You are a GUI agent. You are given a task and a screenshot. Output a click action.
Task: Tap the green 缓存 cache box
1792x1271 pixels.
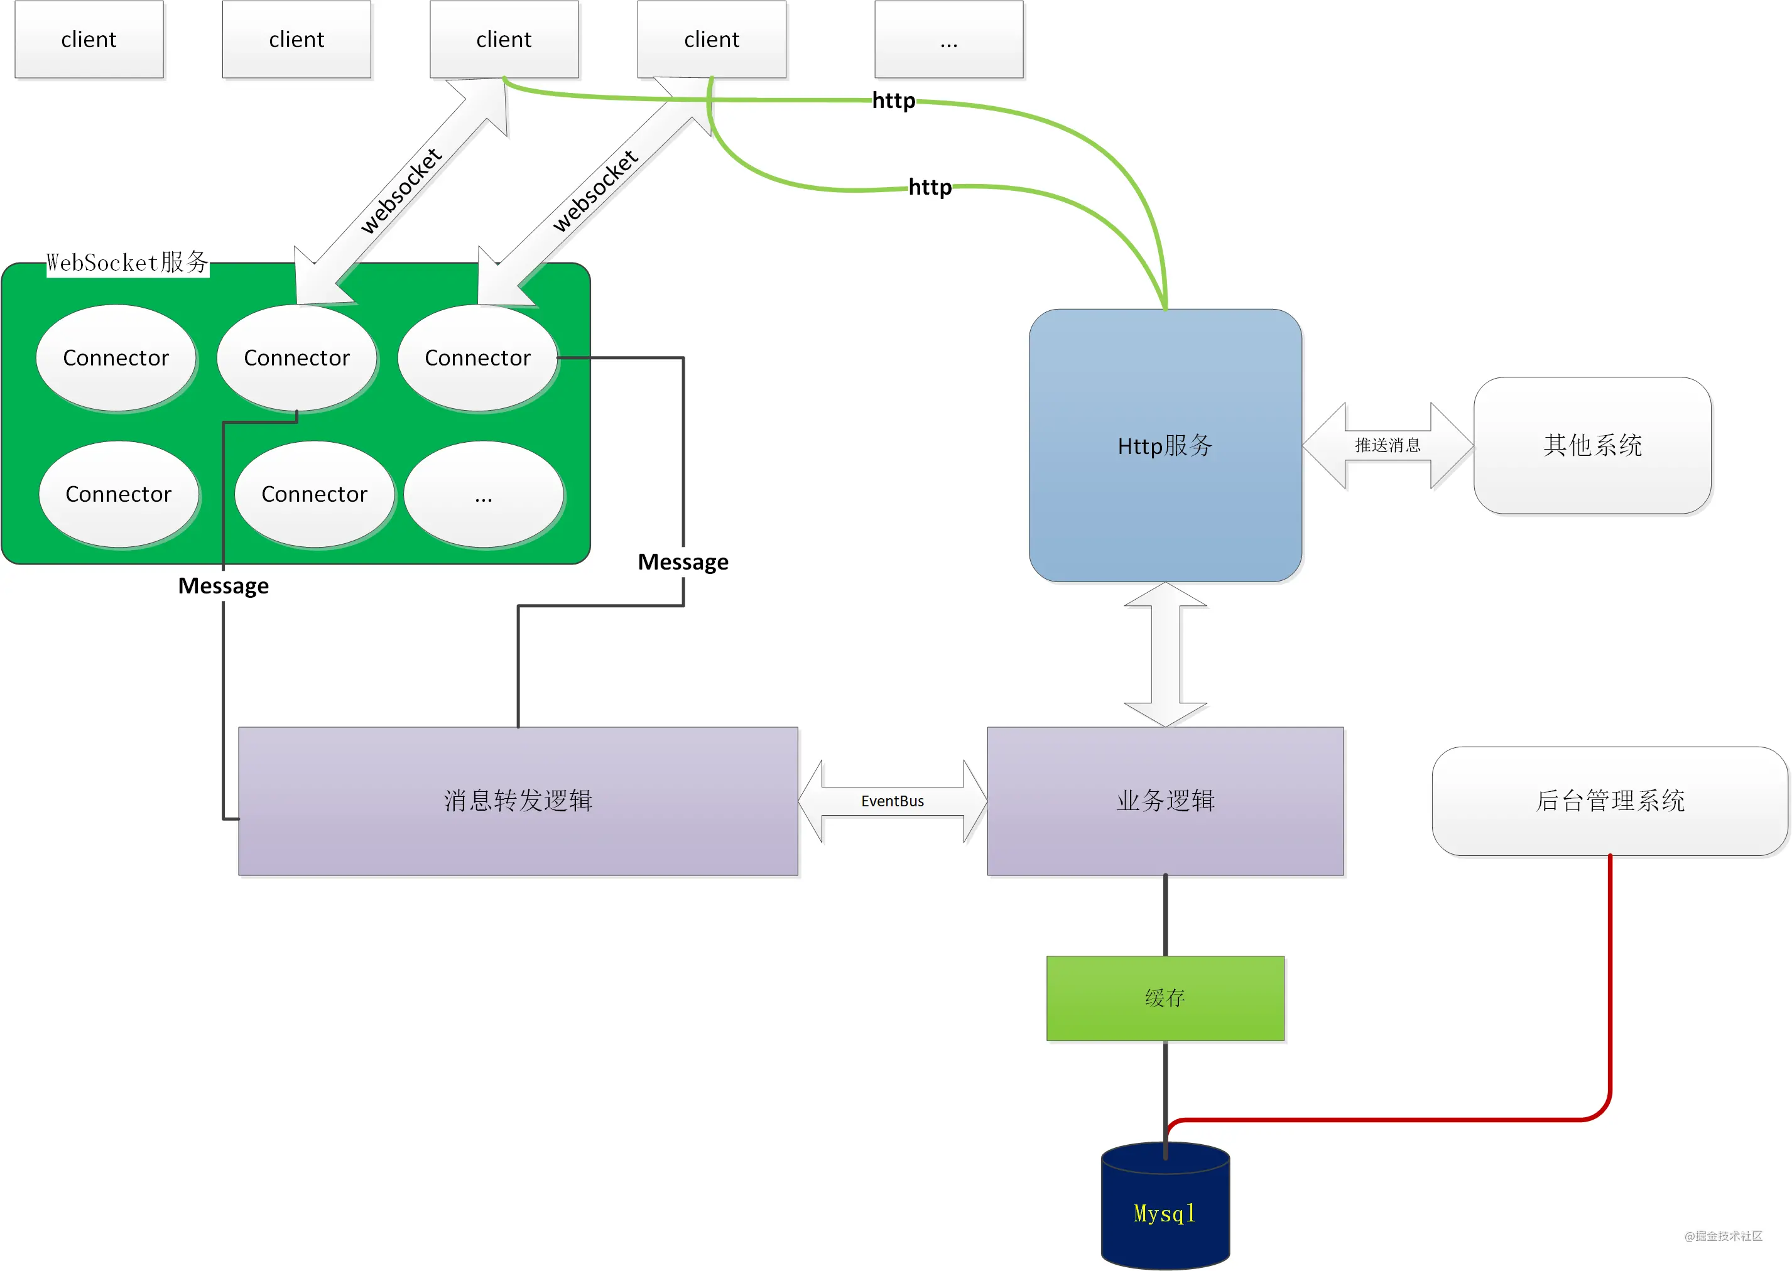[1165, 998]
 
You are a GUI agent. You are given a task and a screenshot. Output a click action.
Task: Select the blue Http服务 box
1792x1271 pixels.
[1165, 445]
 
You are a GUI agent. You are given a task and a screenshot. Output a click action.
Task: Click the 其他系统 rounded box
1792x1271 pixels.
[1592, 445]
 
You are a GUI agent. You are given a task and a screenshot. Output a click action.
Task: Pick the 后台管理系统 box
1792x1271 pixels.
[1610, 801]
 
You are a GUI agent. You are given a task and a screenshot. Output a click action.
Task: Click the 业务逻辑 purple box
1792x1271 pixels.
[1165, 801]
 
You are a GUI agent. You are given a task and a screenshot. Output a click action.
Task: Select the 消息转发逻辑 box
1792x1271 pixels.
[518, 801]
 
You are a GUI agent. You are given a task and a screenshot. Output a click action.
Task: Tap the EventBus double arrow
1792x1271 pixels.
[893, 801]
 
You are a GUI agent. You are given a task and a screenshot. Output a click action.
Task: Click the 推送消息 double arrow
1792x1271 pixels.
[1387, 445]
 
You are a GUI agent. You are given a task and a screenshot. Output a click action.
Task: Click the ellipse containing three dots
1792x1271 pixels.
[484, 495]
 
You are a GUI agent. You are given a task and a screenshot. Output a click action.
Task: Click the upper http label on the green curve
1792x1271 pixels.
[893, 100]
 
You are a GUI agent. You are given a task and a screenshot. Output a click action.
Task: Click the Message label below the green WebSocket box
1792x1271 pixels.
[223, 585]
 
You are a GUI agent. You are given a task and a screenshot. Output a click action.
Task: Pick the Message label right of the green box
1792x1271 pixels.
[683, 562]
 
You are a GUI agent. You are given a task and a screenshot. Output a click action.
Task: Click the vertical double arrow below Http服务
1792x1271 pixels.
[1165, 654]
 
